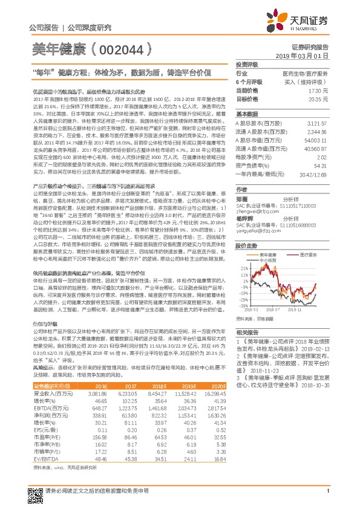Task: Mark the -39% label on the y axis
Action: tap(243, 305)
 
